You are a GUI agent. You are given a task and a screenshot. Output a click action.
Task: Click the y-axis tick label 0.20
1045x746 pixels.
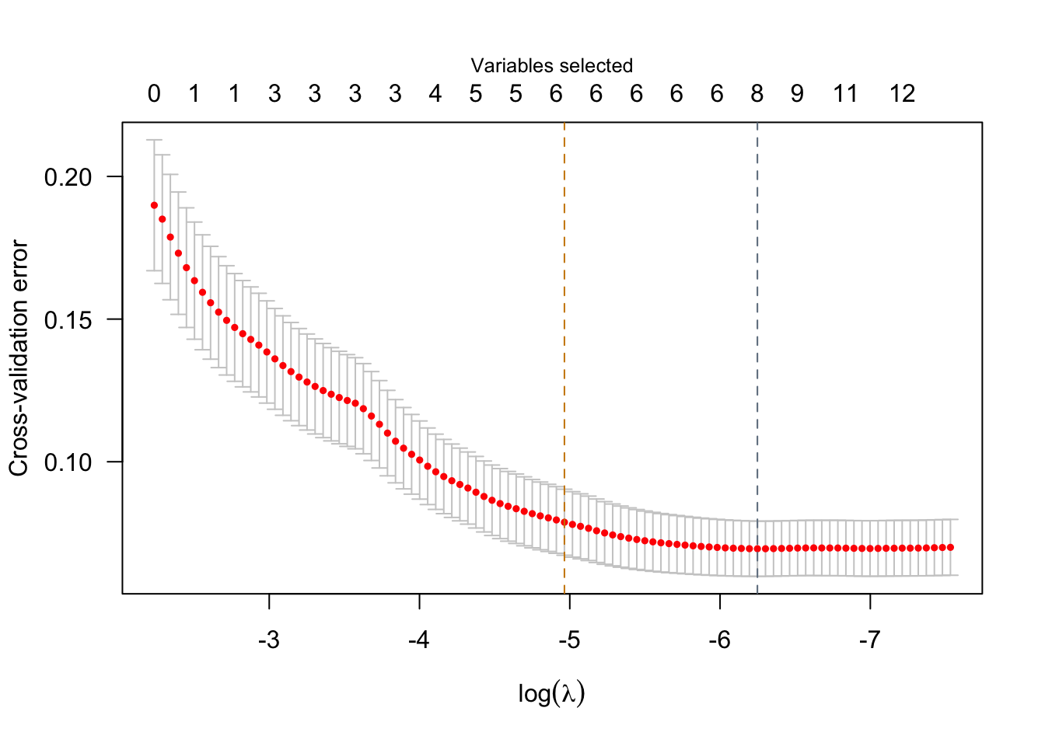[68, 177]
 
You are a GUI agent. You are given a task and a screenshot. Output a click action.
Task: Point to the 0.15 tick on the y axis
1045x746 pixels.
[68, 320]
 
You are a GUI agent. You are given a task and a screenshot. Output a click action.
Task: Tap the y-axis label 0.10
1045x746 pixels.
[68, 462]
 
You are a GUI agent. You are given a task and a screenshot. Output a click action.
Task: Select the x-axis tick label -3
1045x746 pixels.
[269, 640]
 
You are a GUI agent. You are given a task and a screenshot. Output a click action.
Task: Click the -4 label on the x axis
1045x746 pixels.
[419, 640]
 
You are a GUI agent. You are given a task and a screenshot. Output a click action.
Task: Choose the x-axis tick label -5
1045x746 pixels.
[569, 640]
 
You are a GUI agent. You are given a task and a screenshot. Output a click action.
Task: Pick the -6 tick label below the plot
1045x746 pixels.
[719, 640]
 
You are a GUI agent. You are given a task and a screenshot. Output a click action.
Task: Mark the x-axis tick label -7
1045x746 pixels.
[869, 640]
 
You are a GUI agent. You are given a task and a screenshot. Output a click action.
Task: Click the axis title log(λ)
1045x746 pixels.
[551, 693]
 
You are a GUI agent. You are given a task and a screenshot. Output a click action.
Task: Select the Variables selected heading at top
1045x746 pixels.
[552, 66]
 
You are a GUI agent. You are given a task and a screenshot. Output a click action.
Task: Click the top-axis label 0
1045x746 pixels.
[154, 94]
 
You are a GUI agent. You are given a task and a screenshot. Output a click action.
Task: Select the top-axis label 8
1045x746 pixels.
[757, 94]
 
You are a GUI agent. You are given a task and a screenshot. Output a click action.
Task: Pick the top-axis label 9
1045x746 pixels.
[797, 94]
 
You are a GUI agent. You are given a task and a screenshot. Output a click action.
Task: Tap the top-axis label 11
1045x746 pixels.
[845, 94]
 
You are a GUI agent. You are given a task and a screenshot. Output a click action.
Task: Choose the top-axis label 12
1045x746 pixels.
[903, 94]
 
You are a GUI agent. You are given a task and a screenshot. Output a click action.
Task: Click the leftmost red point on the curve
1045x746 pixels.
[154, 205]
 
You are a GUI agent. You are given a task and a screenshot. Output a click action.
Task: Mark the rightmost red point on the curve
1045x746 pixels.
[950, 547]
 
